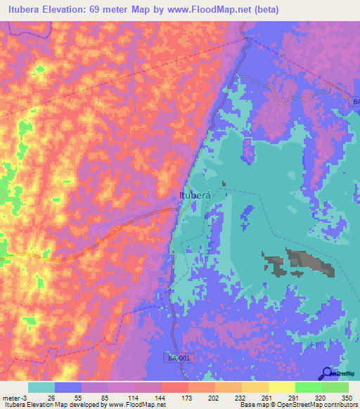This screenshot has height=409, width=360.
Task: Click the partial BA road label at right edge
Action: [x=354, y=103]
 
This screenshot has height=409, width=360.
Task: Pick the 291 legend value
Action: [x=293, y=397]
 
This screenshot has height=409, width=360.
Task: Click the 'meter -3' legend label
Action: [x=15, y=397]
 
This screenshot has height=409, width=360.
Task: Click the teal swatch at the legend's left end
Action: [x=41, y=387]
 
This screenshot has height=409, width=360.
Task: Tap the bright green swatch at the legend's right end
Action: [x=335, y=387]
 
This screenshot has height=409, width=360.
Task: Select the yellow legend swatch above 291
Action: [x=281, y=387]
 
